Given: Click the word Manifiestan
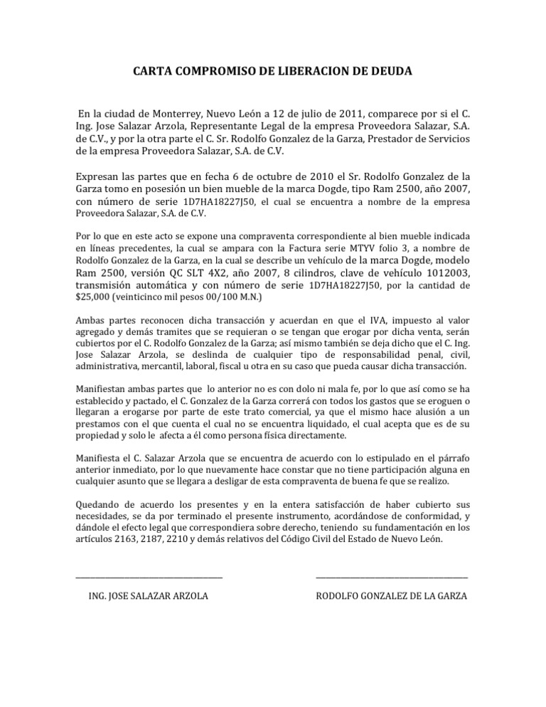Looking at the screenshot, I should (x=105, y=390).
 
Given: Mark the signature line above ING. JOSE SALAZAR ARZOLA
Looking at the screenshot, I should (x=149, y=577).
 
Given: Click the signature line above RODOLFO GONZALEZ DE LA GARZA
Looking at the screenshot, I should (x=391, y=577).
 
